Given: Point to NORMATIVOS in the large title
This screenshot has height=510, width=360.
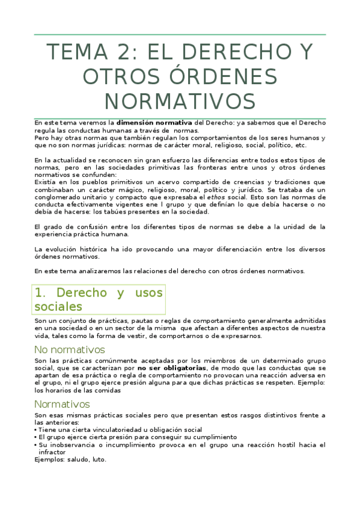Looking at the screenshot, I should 180,100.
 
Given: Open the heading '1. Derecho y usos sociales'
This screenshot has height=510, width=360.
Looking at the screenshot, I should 99,300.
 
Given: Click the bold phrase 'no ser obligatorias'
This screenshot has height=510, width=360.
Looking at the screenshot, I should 172,367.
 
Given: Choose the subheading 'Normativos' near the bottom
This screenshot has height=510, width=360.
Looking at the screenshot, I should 62,404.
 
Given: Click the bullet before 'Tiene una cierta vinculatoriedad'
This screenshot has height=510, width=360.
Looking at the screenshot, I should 36,430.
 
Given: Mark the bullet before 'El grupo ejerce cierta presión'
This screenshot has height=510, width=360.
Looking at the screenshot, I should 36,437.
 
